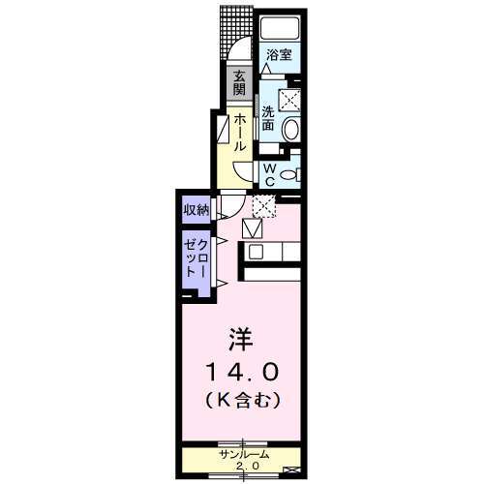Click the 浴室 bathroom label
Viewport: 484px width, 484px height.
(279, 55)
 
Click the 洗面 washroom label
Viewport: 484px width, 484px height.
(267, 116)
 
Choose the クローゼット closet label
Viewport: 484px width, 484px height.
(197, 257)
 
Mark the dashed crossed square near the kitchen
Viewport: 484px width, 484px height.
(263, 204)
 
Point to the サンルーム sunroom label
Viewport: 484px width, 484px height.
(242, 455)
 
